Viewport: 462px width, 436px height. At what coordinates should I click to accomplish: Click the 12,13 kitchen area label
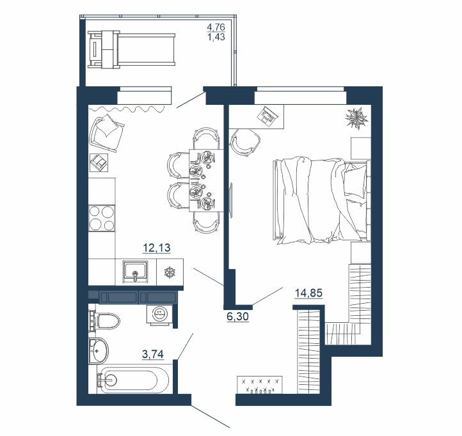pos(157,248)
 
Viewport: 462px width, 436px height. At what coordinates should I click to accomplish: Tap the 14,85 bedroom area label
pos(308,293)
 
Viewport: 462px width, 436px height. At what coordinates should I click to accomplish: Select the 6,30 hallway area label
pos(238,316)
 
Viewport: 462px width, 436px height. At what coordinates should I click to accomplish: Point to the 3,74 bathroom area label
pos(153,354)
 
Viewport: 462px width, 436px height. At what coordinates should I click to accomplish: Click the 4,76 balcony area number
pos(216,27)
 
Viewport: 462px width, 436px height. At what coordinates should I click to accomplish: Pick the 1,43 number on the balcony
pos(216,37)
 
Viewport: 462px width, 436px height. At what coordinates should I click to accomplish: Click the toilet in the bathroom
pos(104,320)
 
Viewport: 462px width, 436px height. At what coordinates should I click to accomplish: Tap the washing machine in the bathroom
pos(160,315)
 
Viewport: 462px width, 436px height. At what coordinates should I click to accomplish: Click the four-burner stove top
pos(102,218)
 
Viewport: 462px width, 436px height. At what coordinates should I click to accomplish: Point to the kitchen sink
pos(136,271)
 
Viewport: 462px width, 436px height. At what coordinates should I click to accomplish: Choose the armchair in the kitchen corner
pos(107,134)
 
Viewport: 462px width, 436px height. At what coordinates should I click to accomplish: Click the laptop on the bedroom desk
pos(267,116)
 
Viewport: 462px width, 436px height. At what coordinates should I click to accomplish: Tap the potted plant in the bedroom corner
pos(357,118)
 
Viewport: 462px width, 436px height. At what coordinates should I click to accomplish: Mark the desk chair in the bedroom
pos(246,143)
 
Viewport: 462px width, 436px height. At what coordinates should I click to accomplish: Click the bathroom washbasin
pos(99,351)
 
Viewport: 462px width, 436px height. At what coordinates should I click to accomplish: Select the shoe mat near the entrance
pos(260,384)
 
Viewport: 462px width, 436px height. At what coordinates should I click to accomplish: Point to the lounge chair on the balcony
pos(131,49)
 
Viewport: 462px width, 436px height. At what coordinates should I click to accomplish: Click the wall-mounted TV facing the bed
pos(231,201)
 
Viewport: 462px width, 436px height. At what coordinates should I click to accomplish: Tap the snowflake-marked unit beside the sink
pos(170,272)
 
